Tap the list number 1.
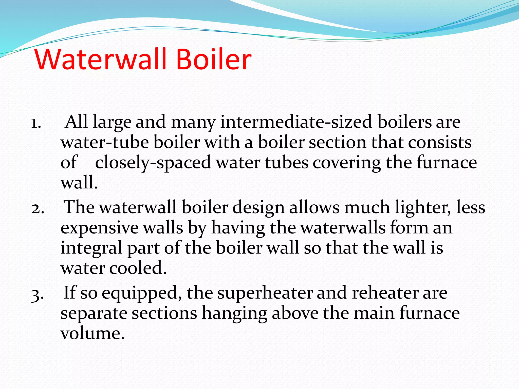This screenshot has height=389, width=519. click(x=36, y=124)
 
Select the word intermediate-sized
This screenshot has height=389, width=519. click(x=296, y=122)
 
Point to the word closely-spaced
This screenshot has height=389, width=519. click(x=153, y=163)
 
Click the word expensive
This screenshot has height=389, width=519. click(x=99, y=228)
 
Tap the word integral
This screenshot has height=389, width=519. click(x=91, y=248)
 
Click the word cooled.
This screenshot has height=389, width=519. click(x=138, y=268)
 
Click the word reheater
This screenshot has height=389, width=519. click(x=385, y=293)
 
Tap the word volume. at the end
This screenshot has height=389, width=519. click(x=92, y=333)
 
